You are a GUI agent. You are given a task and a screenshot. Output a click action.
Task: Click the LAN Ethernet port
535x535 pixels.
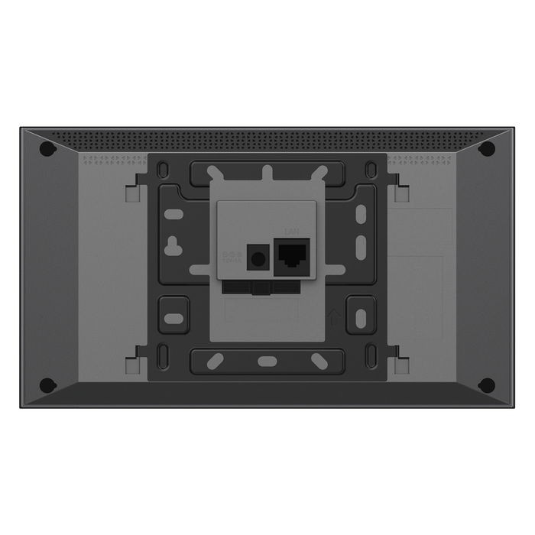coord(292,252)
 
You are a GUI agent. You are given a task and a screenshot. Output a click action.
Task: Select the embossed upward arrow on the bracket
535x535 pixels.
coord(332,314)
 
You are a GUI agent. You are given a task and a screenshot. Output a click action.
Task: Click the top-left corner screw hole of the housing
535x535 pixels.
coord(47,149)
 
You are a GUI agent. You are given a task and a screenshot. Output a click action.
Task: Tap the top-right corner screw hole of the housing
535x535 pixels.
coord(486,149)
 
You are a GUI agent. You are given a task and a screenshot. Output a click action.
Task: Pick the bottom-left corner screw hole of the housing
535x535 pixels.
coord(47,384)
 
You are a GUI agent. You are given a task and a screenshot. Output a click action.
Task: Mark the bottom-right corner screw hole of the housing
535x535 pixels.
coord(486,384)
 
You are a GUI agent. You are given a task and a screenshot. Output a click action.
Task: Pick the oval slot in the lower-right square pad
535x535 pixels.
coord(360,315)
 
